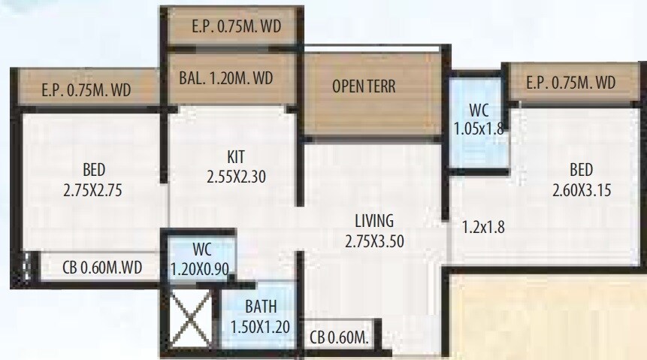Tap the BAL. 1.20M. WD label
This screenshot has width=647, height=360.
[225, 78]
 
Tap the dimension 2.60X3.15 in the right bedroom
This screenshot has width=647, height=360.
[582, 189]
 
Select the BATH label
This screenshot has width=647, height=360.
[260, 306]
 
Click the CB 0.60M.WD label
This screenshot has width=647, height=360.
[92, 267]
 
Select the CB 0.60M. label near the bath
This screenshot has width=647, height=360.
[339, 337]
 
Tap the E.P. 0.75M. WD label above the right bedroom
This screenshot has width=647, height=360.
[570, 82]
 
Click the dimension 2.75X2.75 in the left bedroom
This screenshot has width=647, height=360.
[94, 190]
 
